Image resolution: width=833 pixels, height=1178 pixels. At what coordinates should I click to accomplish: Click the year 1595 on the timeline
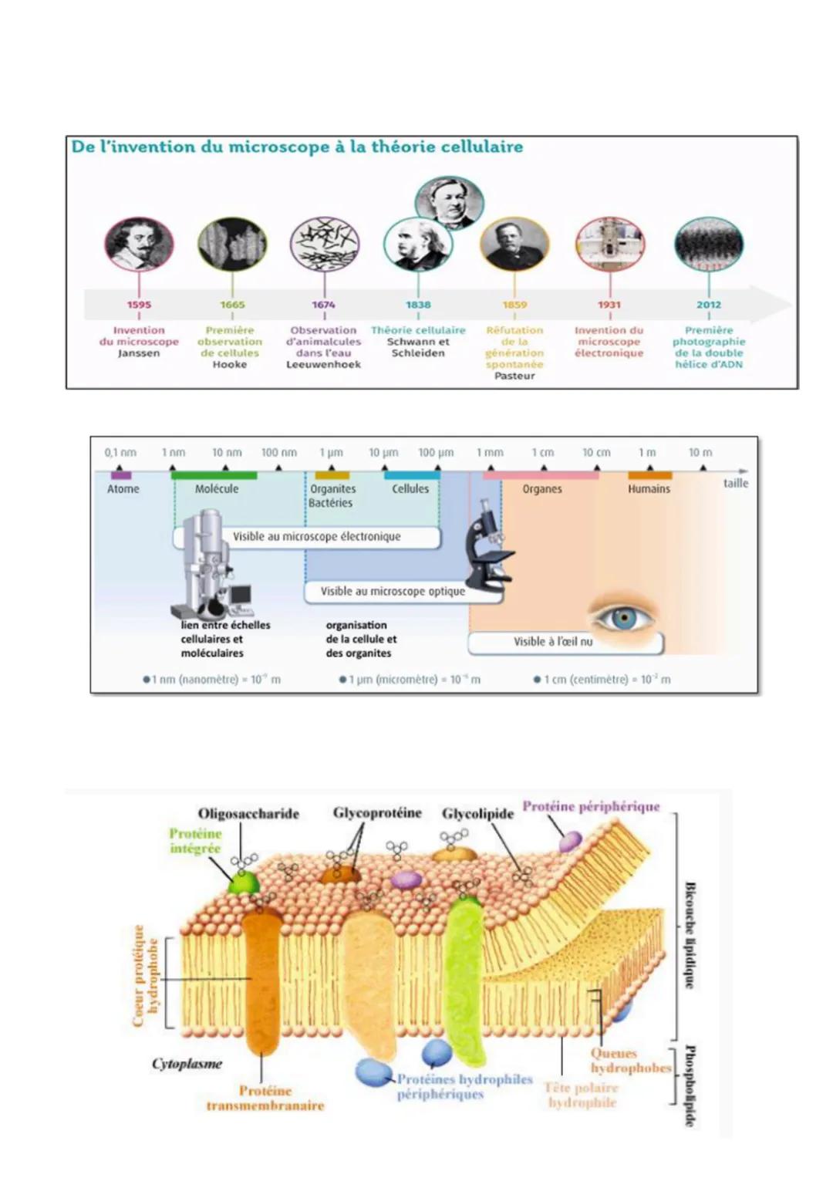(139, 305)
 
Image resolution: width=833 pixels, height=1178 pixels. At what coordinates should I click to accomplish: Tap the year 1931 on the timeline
(609, 305)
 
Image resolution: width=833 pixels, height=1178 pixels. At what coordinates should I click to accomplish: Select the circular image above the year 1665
(232, 245)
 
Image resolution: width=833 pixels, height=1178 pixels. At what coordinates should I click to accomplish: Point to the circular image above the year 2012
(708, 245)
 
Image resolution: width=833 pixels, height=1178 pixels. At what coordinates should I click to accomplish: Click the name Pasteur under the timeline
(514, 376)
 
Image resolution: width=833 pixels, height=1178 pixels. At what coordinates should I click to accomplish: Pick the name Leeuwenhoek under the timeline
(323, 364)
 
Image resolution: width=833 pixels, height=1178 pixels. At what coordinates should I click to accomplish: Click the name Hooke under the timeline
(230, 364)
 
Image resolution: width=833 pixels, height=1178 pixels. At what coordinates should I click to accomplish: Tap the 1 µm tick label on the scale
(331, 453)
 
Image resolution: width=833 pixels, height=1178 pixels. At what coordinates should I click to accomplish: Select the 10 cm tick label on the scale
(596, 453)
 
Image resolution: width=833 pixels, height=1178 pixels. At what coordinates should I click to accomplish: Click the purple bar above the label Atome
(121, 475)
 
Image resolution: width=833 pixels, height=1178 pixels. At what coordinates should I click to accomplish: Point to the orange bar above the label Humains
(650, 475)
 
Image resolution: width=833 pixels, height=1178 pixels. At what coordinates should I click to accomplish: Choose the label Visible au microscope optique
(393, 591)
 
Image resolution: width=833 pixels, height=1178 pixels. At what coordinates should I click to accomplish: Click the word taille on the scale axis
(735, 483)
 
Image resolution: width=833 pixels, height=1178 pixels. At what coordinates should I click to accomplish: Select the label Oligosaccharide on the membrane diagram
(248, 814)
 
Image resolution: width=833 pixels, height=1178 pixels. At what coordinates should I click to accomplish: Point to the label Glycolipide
(477, 814)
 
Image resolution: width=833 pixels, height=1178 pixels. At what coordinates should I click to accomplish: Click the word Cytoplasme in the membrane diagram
(187, 1064)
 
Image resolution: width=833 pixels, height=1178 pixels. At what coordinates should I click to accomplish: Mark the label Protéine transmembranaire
(265, 1098)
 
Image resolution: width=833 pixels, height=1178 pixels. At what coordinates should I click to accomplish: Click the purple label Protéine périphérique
(591, 806)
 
